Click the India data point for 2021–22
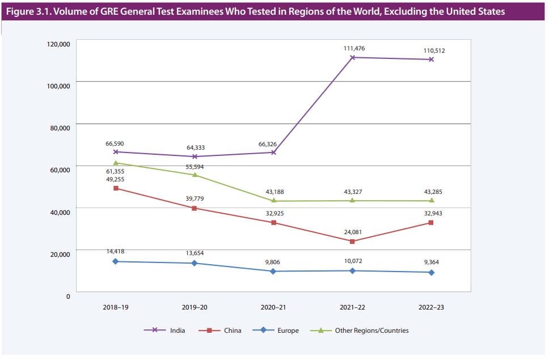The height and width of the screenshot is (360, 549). [353, 57]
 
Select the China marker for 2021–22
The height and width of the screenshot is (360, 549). [353, 242]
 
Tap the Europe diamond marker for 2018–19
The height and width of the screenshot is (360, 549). [116, 261]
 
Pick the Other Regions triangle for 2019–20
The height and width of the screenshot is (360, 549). [195, 175]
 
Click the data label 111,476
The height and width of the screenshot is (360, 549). [354, 48]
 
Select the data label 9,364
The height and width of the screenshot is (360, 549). [432, 262]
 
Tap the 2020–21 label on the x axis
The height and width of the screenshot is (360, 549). [273, 307]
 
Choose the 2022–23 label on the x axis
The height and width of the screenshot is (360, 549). [431, 307]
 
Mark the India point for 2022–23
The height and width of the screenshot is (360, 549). [432, 60]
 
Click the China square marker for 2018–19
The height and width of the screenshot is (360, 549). [116, 188]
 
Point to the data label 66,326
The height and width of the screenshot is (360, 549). [273, 145]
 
